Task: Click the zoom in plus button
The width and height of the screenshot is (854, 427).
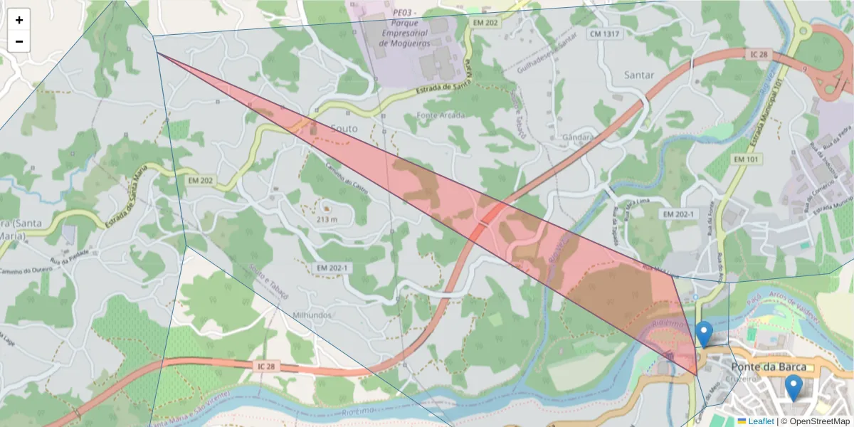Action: [19, 20]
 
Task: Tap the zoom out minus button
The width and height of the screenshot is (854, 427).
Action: [19, 41]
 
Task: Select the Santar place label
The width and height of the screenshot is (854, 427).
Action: [638, 75]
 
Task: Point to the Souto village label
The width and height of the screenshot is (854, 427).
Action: [344, 128]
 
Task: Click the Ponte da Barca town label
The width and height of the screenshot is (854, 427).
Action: [769, 367]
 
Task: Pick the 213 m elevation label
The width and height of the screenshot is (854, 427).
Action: [327, 220]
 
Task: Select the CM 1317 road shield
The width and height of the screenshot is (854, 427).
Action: [603, 33]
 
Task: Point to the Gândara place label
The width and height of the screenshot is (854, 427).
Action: [577, 137]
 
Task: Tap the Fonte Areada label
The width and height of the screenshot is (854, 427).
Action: [441, 115]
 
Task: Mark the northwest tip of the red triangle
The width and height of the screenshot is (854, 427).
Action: [157, 53]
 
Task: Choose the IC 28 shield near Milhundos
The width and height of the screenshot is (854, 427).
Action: [268, 366]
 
